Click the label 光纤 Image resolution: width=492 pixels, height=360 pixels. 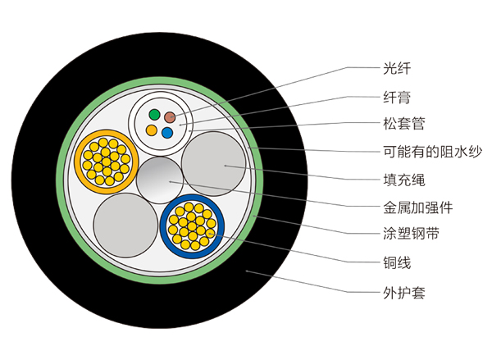click(395, 66)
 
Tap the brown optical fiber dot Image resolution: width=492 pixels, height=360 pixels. click(171, 117)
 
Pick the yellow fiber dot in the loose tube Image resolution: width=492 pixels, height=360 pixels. click(151, 130)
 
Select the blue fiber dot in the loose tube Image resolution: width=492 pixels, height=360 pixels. click(167, 131)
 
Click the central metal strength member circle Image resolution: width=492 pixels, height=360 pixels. click(162, 180)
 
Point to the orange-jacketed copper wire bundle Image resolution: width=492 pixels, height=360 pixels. click(105, 157)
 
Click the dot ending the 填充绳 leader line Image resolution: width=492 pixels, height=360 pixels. click(225, 166)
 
